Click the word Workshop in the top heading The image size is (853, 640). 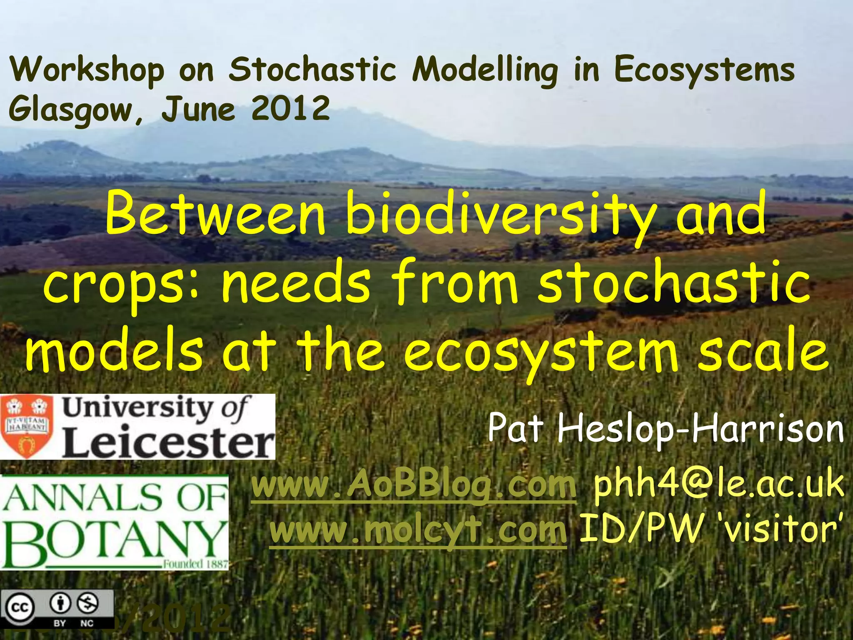click(87, 70)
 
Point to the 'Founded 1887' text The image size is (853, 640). click(195, 564)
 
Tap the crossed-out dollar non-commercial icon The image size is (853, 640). click(88, 603)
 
